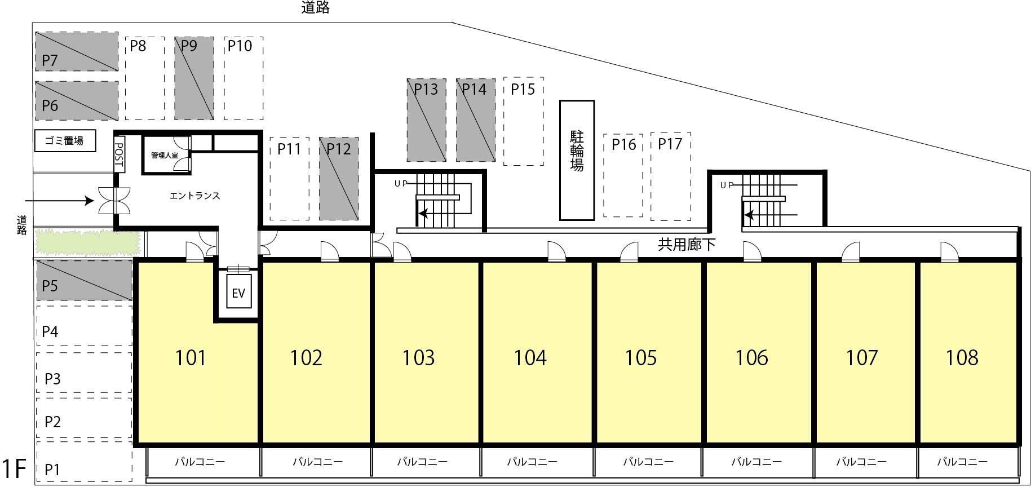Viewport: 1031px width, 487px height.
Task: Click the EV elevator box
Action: (x=238, y=292)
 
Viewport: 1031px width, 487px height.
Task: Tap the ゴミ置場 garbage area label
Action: (x=64, y=141)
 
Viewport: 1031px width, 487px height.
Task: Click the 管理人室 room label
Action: (x=164, y=154)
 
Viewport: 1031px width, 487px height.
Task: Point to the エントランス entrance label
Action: (x=194, y=196)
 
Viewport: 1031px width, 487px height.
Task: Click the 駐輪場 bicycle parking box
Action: (x=577, y=160)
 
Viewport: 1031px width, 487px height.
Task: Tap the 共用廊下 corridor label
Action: (x=687, y=244)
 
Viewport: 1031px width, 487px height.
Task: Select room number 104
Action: (x=530, y=357)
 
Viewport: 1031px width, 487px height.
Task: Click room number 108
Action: (x=962, y=357)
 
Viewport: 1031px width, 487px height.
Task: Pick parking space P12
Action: (x=339, y=178)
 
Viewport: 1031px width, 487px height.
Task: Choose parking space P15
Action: (x=523, y=121)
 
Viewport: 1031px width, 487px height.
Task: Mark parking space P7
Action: (x=77, y=51)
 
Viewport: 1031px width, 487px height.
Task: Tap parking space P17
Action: (x=670, y=176)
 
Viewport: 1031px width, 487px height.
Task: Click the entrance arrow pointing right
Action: (x=59, y=201)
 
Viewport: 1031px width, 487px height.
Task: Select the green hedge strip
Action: (x=87, y=241)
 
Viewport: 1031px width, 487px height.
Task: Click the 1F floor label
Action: (x=14, y=469)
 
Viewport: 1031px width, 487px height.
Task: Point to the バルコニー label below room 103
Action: (x=422, y=462)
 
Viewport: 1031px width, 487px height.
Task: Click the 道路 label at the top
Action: (x=315, y=7)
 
